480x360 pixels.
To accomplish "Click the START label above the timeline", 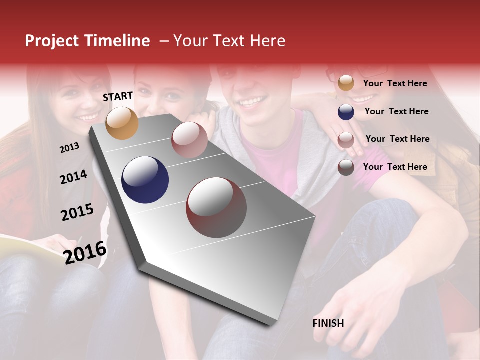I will pyautogui.click(x=118, y=96).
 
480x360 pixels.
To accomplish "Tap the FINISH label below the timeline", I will pyautogui.click(x=328, y=323).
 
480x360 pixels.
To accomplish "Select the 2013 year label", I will pyautogui.click(x=69, y=148).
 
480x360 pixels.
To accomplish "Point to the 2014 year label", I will pyautogui.click(x=73, y=177).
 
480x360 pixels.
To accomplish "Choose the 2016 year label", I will pyautogui.click(x=85, y=252).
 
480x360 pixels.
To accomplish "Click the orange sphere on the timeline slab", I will pyautogui.click(x=122, y=123).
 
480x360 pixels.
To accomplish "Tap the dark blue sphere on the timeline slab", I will pyautogui.click(x=145, y=180).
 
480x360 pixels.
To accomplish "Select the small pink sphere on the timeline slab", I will pyautogui.click(x=189, y=140).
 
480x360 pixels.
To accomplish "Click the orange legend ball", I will pyautogui.click(x=346, y=83).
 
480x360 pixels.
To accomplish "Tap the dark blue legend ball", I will pyautogui.click(x=346, y=112).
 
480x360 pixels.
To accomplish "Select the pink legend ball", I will pyautogui.click(x=346, y=140).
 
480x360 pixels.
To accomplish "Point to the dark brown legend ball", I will pyautogui.click(x=346, y=167).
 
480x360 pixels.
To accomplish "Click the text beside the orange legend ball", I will pyautogui.click(x=395, y=83).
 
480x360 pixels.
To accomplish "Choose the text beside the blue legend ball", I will pyautogui.click(x=396, y=111).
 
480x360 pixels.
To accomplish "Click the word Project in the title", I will pyautogui.click(x=52, y=41).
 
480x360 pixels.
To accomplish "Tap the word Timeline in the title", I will pyautogui.click(x=117, y=41).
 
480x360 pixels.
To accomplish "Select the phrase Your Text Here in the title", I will pyautogui.click(x=229, y=41).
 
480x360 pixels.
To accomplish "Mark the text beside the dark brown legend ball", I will pyautogui.click(x=395, y=167).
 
